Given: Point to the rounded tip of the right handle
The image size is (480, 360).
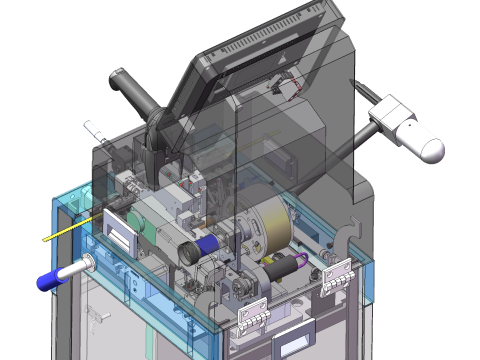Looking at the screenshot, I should (431, 149).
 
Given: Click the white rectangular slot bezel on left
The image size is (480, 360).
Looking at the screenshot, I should (118, 231).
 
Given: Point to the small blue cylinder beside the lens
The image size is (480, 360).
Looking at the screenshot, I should (209, 242).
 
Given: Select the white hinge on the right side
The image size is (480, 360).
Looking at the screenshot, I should (337, 275).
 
